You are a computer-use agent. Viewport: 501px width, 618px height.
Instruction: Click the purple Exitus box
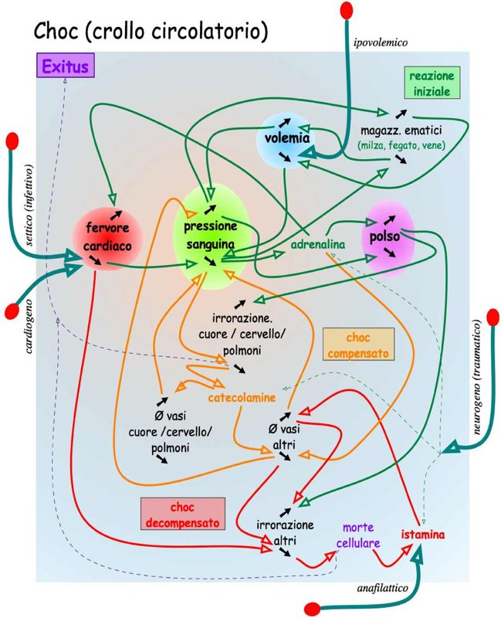click(65, 66)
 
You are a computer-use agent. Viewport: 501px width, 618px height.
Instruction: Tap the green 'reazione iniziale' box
click(432, 83)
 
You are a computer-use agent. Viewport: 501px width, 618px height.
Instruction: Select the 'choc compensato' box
click(358, 345)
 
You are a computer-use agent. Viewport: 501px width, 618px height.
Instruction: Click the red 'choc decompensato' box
click(184, 514)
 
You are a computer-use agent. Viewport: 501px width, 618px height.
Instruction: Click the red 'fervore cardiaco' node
click(108, 236)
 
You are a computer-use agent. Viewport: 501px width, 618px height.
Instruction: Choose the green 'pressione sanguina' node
click(210, 235)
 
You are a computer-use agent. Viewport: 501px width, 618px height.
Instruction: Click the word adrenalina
click(317, 245)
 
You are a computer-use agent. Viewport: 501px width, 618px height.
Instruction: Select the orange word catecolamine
click(242, 398)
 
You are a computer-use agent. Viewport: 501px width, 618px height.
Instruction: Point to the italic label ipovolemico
click(380, 42)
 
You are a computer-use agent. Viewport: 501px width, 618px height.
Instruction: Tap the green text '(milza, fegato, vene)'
click(401, 144)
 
